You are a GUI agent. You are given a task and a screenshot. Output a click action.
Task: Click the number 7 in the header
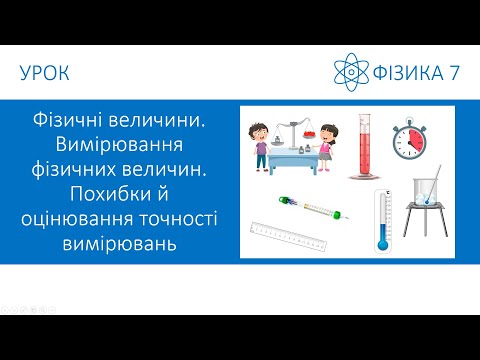click(451, 74)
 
